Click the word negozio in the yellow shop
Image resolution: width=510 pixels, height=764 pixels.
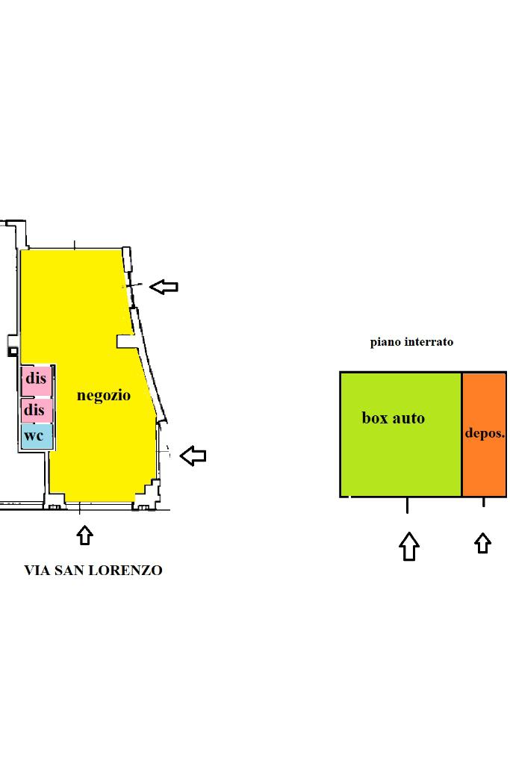(104, 395)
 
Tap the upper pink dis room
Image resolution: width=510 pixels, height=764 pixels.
(36, 379)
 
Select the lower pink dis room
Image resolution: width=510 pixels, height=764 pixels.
(35, 410)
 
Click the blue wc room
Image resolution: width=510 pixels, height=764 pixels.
(35, 435)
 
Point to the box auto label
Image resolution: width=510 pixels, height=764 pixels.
(393, 417)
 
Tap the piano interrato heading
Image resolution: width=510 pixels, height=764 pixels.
(411, 342)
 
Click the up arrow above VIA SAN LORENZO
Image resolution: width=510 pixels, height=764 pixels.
(84, 535)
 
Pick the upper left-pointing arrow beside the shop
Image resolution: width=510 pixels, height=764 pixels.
(164, 286)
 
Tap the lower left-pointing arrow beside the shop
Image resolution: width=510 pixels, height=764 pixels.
(193, 455)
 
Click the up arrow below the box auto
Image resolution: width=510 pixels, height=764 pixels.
(408, 546)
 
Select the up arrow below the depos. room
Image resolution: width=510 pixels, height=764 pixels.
(483, 543)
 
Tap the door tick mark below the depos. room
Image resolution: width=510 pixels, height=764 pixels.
(483, 502)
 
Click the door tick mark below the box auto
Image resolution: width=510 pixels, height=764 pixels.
(407, 505)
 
